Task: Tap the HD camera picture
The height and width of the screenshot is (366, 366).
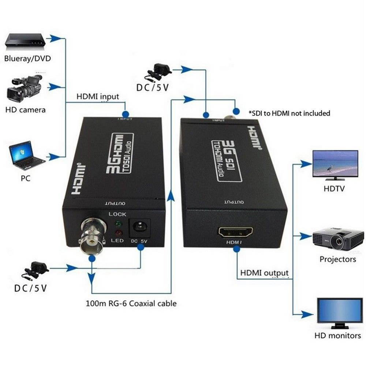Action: (x=25, y=89)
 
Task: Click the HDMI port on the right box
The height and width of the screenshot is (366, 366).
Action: (x=236, y=232)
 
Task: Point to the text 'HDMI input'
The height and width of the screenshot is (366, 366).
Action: (x=98, y=97)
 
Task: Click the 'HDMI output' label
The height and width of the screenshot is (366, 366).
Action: (x=264, y=273)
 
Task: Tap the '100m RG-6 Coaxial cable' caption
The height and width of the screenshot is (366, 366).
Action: (x=131, y=303)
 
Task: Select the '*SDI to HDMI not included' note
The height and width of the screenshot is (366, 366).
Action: (x=289, y=113)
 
